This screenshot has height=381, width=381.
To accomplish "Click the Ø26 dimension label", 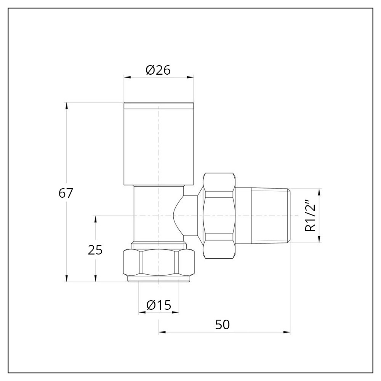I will pos(158,70).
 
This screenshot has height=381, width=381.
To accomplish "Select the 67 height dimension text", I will pos(66,193).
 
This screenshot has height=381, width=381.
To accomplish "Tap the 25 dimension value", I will pos(95,250).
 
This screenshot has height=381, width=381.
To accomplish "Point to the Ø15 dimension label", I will pos(158,305).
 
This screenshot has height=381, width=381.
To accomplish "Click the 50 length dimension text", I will pos(223,324).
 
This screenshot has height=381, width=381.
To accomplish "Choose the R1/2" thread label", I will pos(311,216).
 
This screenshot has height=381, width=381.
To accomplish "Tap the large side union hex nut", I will pos(218,216).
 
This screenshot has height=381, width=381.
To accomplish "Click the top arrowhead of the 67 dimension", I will pos(67,105).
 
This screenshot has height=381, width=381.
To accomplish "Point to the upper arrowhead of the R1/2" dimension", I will pos(319,192).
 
